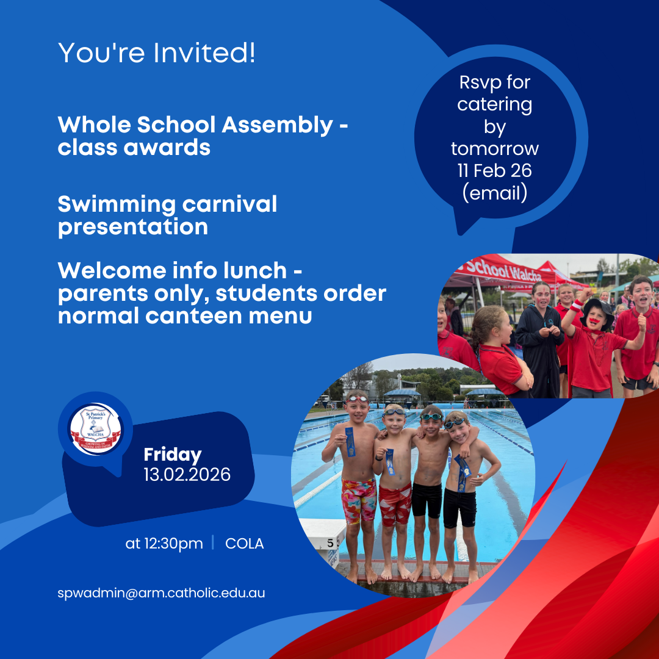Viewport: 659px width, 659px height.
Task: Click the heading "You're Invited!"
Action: [156, 53]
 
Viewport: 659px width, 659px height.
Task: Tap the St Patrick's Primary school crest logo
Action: [95, 429]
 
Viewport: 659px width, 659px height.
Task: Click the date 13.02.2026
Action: [187, 475]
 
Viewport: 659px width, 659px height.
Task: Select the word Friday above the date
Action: [173, 455]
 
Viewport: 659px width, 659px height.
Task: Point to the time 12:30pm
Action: [173, 544]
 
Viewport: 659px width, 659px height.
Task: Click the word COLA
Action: [245, 544]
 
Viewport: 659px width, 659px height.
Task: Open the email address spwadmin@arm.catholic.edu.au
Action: [161, 593]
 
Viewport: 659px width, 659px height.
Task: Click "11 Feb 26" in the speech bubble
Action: [495, 171]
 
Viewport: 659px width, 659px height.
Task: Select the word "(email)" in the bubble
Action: [495, 193]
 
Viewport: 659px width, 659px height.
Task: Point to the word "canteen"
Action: [194, 316]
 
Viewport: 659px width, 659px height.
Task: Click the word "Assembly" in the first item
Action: [278, 126]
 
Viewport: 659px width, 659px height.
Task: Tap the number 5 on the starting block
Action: [330, 544]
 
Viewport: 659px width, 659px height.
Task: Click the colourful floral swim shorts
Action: [359, 500]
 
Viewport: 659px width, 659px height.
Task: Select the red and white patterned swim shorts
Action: [395, 504]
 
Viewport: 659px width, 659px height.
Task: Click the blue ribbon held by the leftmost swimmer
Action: [350, 442]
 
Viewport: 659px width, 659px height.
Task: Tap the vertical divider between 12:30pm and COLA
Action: [213, 542]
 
